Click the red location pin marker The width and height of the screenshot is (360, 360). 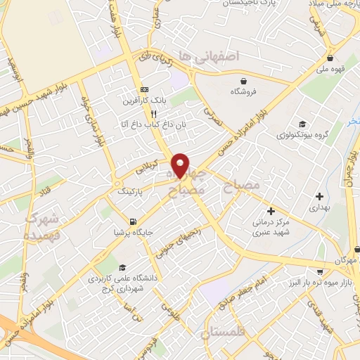181,165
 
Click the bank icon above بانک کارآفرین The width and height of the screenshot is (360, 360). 145,89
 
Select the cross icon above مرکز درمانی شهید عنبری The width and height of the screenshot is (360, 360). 271,211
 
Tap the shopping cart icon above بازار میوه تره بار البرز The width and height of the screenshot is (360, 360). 321,271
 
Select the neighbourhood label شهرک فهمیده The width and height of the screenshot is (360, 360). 41,226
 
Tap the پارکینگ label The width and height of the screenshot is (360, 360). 129,191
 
